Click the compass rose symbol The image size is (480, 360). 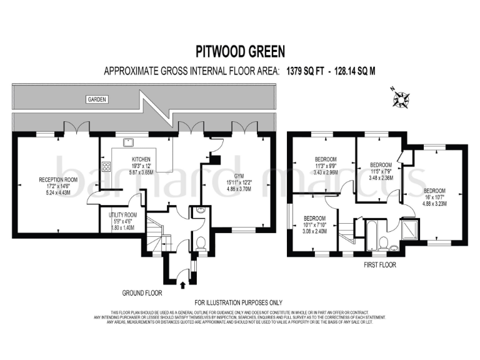tap(399, 97)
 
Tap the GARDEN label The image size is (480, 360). tap(97, 99)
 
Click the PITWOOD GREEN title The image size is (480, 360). tap(239, 51)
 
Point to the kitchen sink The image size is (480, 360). tap(125, 142)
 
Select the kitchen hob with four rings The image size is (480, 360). tap(106, 167)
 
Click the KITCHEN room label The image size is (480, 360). tap(141, 160)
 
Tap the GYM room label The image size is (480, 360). tap(239, 176)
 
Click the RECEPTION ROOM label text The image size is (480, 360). tap(56, 179)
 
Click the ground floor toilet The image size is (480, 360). tap(201, 244)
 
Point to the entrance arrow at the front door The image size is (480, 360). tap(182, 286)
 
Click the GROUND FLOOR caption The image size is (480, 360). tap(143, 292)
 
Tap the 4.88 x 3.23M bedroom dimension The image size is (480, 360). tap(434, 203)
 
